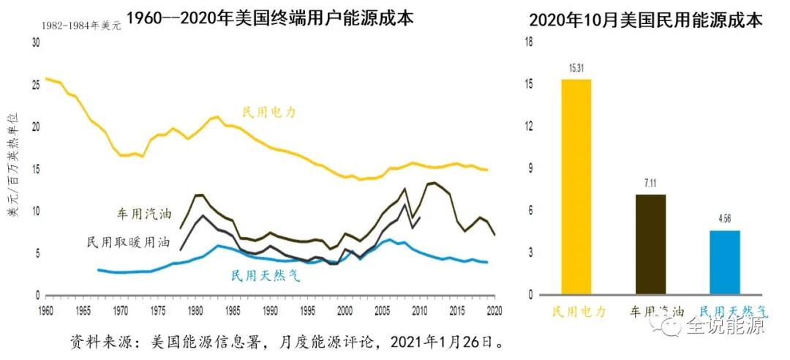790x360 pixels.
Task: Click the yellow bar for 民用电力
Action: [x=576, y=187]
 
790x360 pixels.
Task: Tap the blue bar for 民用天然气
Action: [x=725, y=262]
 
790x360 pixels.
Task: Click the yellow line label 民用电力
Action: [x=270, y=113]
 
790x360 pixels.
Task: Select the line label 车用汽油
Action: [x=146, y=214]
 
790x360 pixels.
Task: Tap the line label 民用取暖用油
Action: [x=127, y=241]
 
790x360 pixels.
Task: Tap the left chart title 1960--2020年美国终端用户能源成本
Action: [x=270, y=18]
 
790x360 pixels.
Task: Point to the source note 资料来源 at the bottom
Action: [x=287, y=342]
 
